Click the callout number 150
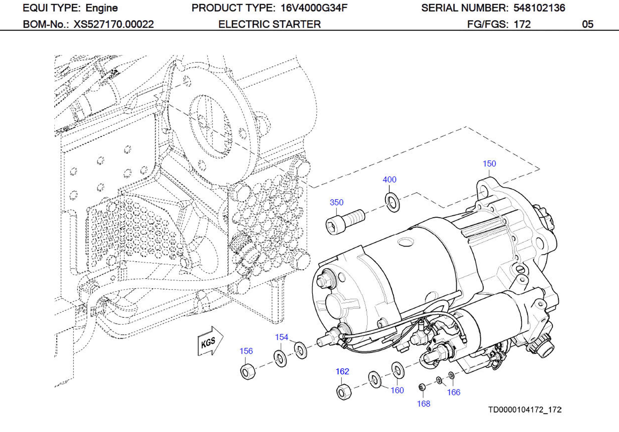pos(489,164)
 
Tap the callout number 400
pos(389,180)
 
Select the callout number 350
pos(336,202)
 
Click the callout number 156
pos(246,351)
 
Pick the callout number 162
pos(342,371)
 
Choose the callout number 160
pos(397,390)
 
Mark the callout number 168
pos(423,404)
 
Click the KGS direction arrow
pos(210,341)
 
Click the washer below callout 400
pos(392,202)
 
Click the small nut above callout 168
pos(422,387)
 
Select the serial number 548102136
pos(539,8)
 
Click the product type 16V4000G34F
pos(314,8)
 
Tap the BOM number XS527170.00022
pos(114,25)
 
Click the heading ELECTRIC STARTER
pos(269,25)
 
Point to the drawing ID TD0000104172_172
pos(525,410)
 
